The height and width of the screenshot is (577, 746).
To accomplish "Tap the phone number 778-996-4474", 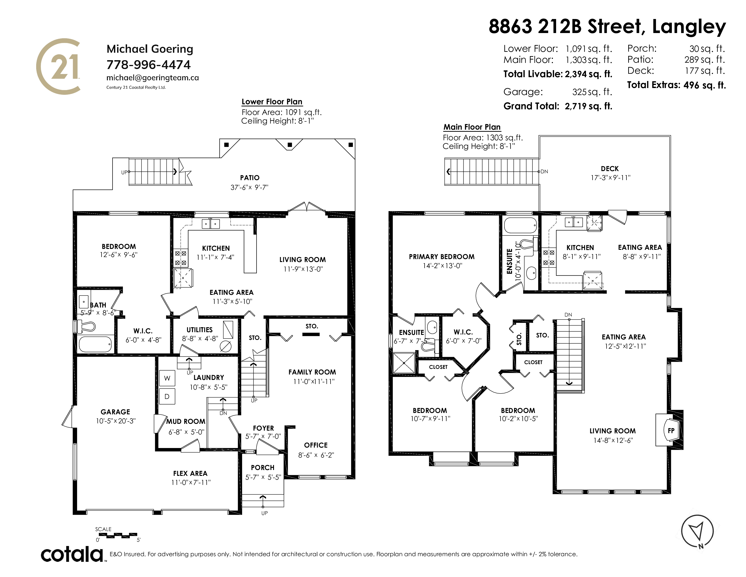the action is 149,65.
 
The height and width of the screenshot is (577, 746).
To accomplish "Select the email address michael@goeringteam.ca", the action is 152,78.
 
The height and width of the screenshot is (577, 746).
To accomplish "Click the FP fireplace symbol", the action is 671,430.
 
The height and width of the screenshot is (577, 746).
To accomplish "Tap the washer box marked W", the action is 167,378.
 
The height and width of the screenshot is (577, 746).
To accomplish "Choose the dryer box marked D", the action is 167,396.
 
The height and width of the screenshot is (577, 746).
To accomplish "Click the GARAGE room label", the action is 116,412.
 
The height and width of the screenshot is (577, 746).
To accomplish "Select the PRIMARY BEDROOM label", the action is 442,257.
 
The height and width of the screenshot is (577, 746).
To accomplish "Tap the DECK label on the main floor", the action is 610,169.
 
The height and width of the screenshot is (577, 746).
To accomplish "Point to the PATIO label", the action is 250,178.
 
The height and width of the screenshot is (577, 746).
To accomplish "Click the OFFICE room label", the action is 316,445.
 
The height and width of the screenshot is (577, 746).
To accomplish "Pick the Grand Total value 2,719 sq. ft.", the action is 588,106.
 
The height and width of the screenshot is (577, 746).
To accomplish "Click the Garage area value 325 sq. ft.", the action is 592,92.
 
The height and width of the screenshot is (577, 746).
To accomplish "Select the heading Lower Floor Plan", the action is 272,102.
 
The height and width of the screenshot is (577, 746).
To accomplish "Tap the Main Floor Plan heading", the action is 472,127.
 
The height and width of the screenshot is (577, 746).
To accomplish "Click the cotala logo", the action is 72,554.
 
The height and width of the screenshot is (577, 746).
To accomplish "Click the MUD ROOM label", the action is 186,422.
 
